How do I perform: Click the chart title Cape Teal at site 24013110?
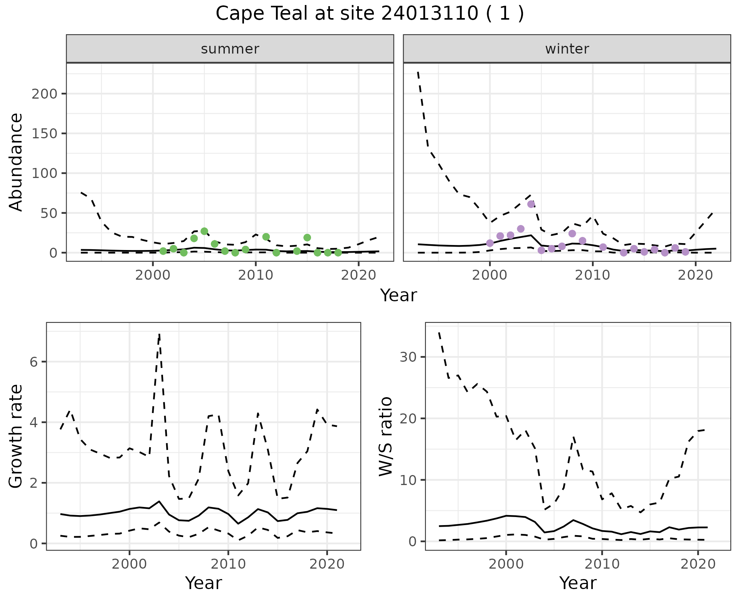click(x=370, y=14)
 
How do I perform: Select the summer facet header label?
click(x=230, y=49)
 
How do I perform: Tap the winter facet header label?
click(x=567, y=49)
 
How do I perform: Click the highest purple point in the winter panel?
click(x=531, y=204)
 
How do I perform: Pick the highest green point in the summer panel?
click(x=204, y=231)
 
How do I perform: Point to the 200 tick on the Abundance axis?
click(x=45, y=94)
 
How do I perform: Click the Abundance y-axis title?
click(x=16, y=162)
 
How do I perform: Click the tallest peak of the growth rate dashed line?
click(x=159, y=334)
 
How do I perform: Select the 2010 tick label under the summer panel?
click(x=256, y=275)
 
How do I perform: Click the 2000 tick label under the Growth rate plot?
click(x=129, y=564)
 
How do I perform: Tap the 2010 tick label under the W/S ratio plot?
click(x=602, y=564)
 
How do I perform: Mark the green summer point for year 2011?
click(x=266, y=237)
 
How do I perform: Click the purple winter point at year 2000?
click(x=490, y=243)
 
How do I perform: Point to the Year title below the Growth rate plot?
click(x=203, y=583)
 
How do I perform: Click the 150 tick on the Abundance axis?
click(x=45, y=134)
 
